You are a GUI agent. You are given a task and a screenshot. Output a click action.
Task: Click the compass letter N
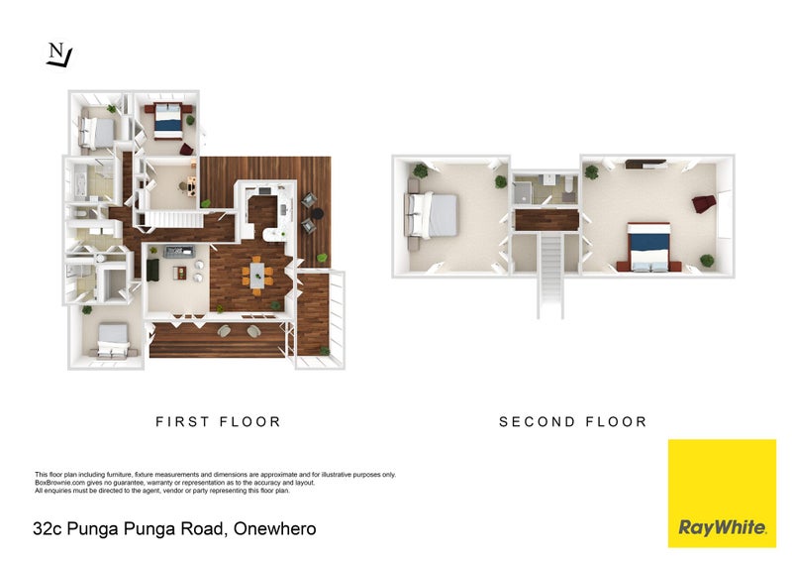[56, 51]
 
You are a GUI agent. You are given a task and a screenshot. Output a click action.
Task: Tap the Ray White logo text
[722, 527]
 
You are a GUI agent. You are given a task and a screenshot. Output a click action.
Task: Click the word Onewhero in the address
[275, 528]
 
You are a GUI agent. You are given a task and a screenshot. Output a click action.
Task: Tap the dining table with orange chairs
[257, 276]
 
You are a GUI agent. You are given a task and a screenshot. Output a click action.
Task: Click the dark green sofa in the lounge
[152, 270]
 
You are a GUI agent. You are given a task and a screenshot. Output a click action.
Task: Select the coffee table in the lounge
[180, 274]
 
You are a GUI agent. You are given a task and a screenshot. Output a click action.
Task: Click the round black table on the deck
[317, 214]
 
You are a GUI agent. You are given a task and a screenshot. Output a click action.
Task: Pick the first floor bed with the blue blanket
[167, 120]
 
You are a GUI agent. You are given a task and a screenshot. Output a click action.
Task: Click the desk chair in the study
[182, 186]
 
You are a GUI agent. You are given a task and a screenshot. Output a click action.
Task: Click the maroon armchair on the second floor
[704, 203]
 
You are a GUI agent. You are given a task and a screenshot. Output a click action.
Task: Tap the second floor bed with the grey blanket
[433, 215]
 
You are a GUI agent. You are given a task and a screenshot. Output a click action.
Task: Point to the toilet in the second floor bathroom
[569, 184]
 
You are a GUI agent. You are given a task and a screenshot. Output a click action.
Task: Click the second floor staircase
[550, 275]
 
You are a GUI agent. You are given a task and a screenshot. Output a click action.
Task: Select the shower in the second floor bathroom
[523, 192]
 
